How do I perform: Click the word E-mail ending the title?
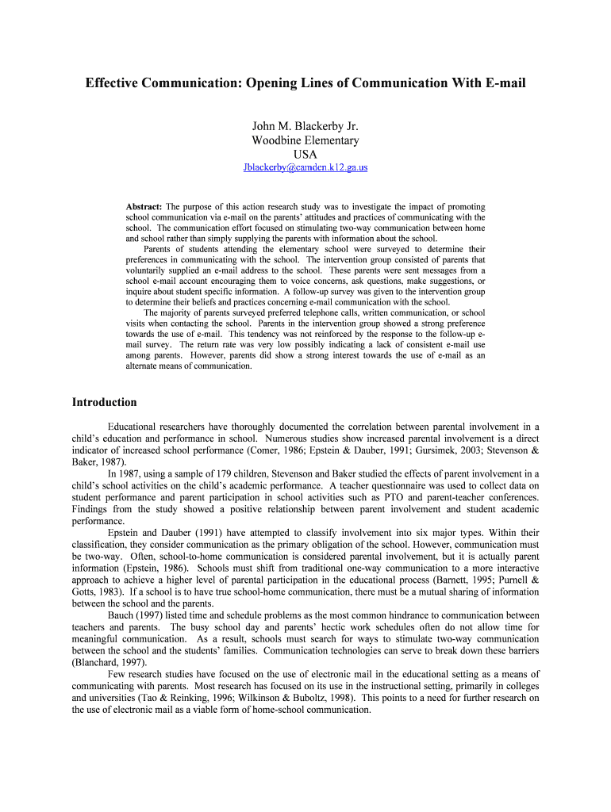502,83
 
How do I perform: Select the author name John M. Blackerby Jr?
305,126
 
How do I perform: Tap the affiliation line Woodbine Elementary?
305,140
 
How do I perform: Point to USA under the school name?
305,154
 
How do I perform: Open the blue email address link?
305,168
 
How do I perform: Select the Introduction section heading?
105,402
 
